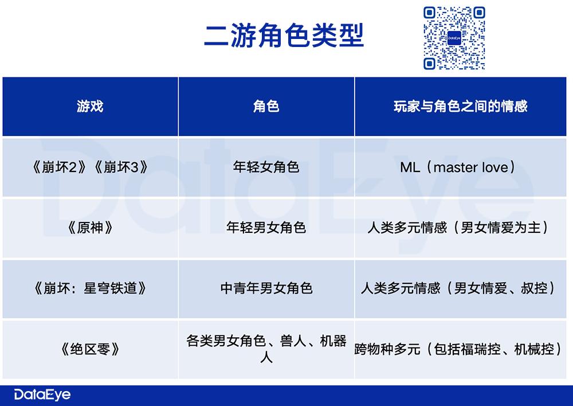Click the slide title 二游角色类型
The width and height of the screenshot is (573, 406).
click(284, 36)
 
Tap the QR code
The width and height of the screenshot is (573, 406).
click(454, 38)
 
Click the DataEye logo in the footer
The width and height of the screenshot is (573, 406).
click(42, 395)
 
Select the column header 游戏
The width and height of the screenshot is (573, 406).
click(90, 107)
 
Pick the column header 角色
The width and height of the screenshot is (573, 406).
click(266, 107)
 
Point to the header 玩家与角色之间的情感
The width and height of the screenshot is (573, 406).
click(461, 107)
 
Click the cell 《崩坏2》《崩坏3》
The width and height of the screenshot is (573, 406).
click(90, 167)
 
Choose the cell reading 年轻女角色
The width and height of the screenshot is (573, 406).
click(266, 167)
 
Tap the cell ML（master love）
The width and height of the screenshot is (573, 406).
click(458, 167)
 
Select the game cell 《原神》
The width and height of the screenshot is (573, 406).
click(90, 228)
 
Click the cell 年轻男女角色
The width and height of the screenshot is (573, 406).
click(266, 228)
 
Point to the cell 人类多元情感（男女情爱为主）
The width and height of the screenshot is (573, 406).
click(460, 228)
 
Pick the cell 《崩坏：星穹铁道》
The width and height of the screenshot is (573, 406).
click(90, 288)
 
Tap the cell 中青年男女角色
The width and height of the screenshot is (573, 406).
click(266, 288)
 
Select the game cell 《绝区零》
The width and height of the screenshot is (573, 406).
click(90, 349)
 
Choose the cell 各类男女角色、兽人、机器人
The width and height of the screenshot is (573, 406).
click(266, 348)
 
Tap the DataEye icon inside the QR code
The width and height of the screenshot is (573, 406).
click(454, 38)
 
